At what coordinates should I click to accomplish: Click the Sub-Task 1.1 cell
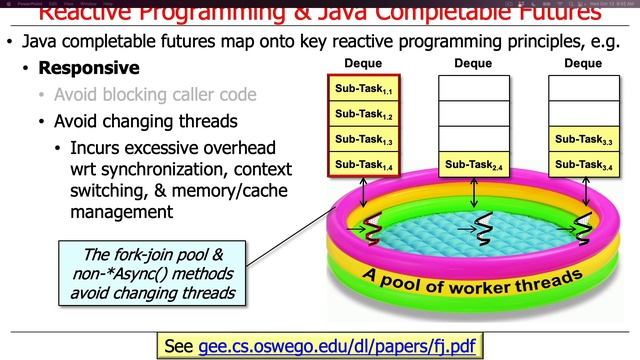(364, 89)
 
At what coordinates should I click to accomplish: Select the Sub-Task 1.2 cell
(364, 114)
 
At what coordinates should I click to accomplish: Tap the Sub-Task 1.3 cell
(364, 139)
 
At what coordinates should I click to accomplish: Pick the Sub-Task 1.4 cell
(364, 164)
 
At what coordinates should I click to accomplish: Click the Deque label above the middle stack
(473, 63)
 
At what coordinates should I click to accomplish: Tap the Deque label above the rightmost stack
(583, 63)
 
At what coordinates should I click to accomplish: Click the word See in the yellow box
(178, 346)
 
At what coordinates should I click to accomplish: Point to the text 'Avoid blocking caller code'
(154, 96)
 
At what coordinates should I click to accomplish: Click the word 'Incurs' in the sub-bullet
(97, 148)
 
